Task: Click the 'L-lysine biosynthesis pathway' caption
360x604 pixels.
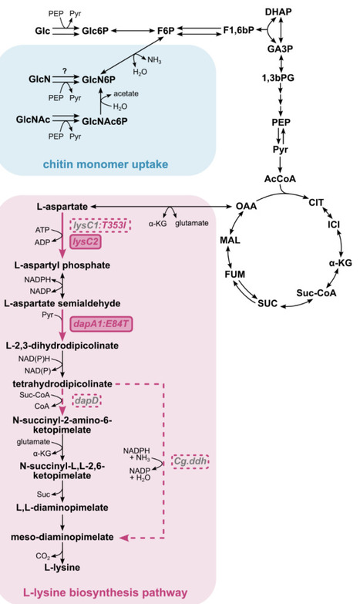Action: tap(105, 592)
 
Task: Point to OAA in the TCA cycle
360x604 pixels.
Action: tap(246, 207)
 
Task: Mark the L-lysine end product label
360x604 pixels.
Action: tap(66, 568)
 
